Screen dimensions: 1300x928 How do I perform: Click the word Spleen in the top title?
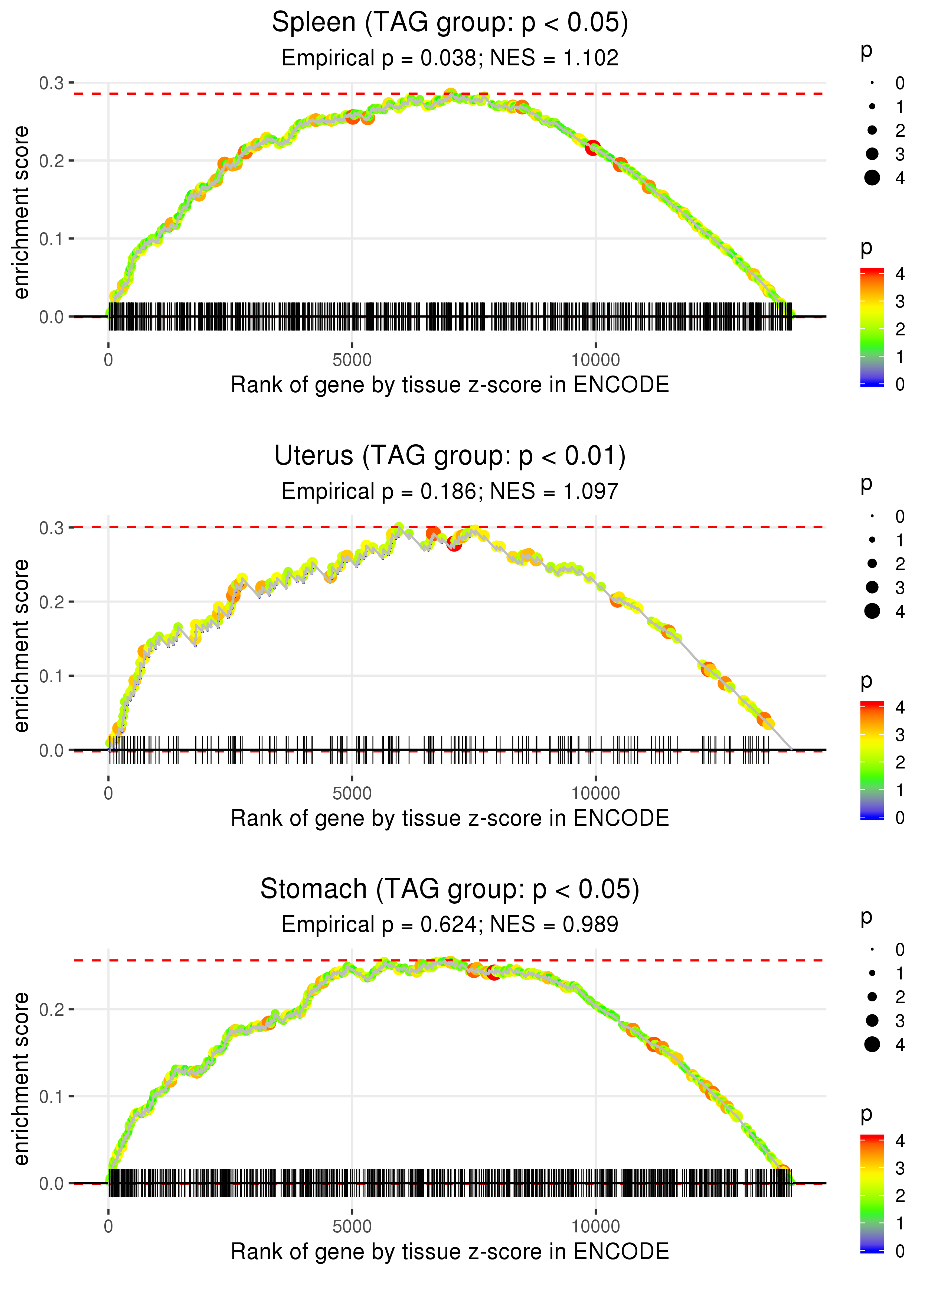pyautogui.click(x=314, y=23)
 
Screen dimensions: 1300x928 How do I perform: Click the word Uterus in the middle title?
pyautogui.click(x=314, y=456)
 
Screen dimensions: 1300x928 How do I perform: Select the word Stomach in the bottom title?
pyautogui.click(x=314, y=890)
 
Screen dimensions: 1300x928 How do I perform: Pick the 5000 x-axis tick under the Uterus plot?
pyautogui.click(x=352, y=793)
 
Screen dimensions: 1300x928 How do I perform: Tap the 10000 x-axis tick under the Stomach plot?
pyautogui.click(x=595, y=1227)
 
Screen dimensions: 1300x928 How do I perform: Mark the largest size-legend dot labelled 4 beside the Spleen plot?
pyautogui.click(x=872, y=178)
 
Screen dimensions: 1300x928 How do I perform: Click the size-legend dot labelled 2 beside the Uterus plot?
pyautogui.click(x=872, y=564)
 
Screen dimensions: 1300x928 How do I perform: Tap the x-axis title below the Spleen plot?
pyautogui.click(x=450, y=385)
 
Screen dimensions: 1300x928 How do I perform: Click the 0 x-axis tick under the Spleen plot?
pyautogui.click(x=108, y=360)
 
